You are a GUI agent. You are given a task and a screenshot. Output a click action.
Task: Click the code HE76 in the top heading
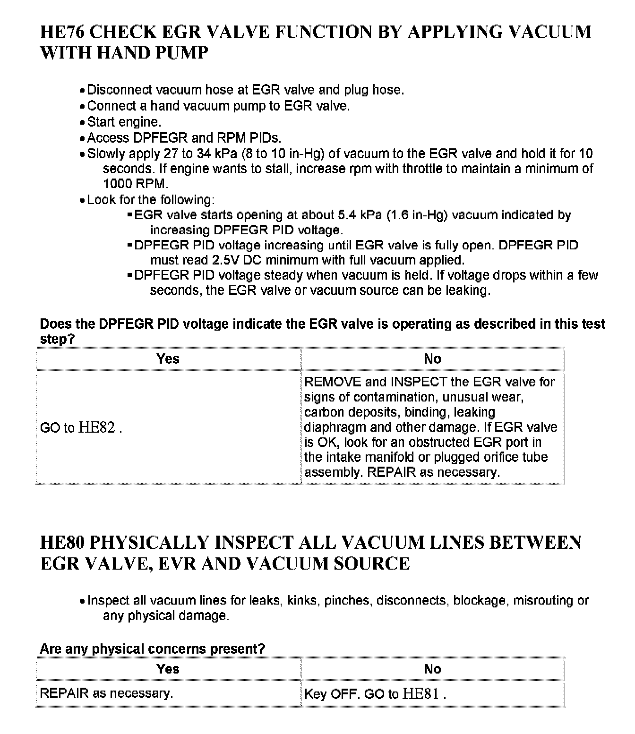62,32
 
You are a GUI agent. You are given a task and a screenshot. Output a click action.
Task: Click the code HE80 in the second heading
62,543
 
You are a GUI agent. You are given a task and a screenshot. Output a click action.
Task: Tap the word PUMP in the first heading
182,53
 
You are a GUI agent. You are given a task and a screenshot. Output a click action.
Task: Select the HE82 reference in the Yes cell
96,427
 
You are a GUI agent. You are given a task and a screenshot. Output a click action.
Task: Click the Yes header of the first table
168,359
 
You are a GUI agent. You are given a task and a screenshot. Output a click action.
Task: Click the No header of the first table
432,359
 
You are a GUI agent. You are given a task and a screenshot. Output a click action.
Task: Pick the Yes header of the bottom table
168,669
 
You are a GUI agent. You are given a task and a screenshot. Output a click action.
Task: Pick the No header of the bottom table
432,669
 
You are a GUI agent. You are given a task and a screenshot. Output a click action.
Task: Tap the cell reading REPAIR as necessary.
106,693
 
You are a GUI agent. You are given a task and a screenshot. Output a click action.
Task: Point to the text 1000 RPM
135,184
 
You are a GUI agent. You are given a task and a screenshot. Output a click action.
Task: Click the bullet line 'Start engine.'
124,122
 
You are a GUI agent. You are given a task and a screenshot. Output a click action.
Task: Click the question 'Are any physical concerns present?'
152,649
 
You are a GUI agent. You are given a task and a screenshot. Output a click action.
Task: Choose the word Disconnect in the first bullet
120,90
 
